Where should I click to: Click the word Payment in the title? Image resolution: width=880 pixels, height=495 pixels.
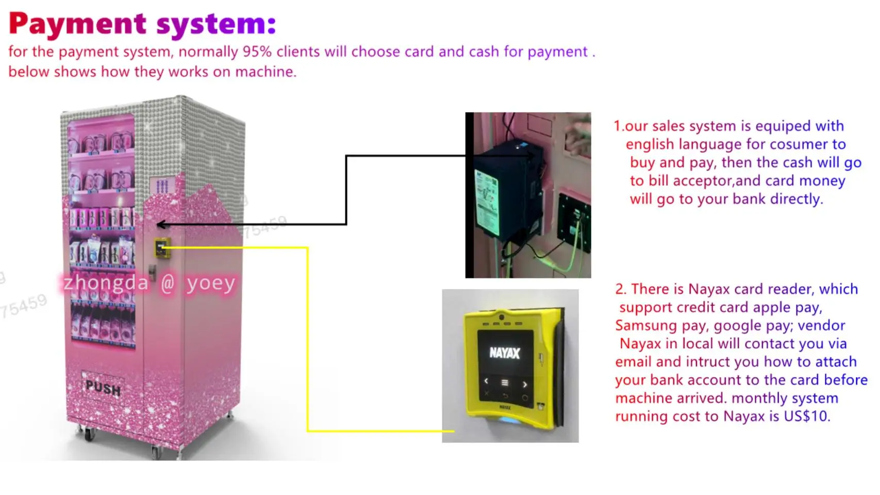click(77, 24)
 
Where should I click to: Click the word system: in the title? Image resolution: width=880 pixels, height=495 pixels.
click(216, 24)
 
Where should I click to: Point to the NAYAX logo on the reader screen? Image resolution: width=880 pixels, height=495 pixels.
click(504, 353)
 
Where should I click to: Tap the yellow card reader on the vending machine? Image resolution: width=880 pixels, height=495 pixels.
click(162, 248)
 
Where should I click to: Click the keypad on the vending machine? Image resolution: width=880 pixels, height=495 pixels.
click(162, 186)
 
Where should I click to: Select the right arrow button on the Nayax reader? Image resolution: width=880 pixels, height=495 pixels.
click(525, 384)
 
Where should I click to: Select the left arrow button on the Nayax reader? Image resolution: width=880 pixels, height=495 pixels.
click(486, 382)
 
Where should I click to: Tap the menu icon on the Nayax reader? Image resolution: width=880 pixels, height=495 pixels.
click(505, 383)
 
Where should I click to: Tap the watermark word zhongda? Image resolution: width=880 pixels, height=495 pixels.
click(106, 283)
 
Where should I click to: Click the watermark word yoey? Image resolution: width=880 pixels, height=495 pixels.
click(211, 283)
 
